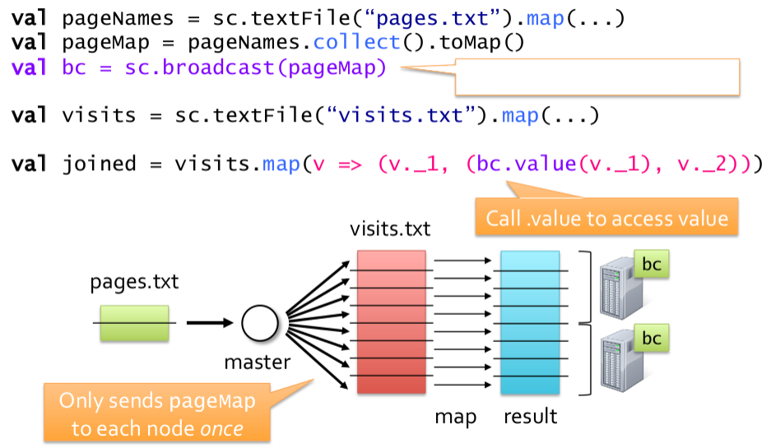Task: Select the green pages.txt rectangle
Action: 134,323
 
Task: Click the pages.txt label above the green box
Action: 134,284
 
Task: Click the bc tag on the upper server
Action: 651,265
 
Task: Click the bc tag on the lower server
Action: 651,338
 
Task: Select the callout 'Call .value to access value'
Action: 606,218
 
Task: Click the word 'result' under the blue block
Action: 530,416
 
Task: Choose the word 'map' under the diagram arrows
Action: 456,417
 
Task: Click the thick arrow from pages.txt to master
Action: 210,323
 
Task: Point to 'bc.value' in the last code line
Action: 526,164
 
